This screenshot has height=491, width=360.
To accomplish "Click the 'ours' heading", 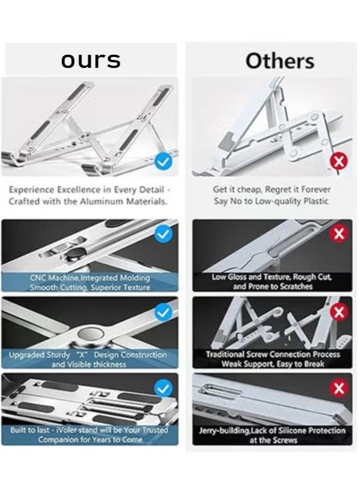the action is (x=91, y=61).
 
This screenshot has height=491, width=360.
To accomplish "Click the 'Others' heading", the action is (x=280, y=61).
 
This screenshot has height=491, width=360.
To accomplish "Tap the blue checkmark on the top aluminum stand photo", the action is (x=163, y=162).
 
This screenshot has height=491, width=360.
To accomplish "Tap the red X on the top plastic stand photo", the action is (x=339, y=161).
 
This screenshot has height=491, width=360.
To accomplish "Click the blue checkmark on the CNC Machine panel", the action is (x=163, y=234).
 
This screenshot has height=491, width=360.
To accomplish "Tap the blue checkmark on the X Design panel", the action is (x=163, y=312).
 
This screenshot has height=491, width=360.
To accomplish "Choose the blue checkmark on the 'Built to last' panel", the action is (x=163, y=388).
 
